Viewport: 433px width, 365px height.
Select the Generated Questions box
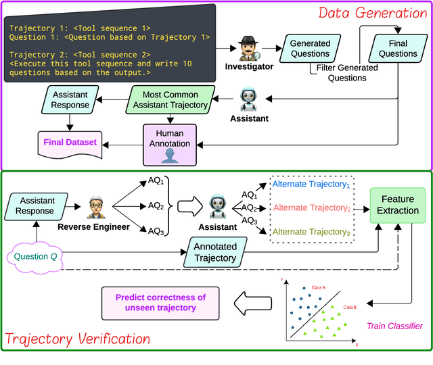click(x=310, y=49)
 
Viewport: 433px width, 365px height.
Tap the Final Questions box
click(x=398, y=49)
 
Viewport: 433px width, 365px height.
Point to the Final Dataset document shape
click(x=70, y=143)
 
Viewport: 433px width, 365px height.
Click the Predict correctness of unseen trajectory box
click(x=161, y=302)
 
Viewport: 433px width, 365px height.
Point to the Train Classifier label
click(x=394, y=326)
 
